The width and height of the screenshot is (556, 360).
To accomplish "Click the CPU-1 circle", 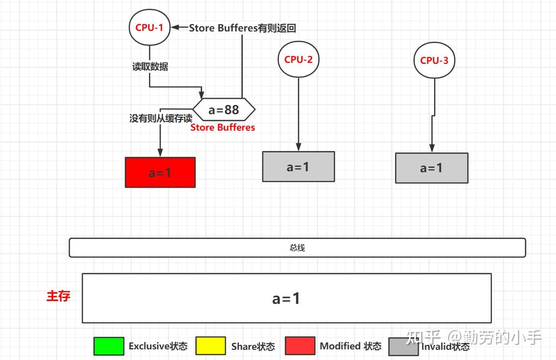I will [149, 28].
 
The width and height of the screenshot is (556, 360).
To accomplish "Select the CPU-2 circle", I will [298, 60].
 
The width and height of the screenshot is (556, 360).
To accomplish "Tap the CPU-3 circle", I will [434, 60].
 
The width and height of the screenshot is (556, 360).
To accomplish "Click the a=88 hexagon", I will [224, 110].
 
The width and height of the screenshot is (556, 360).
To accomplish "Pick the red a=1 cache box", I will [160, 172].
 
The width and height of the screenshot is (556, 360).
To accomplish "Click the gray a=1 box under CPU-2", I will [298, 167].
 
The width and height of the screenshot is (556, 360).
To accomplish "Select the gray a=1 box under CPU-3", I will [431, 168].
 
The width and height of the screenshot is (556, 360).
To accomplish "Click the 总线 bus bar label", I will [297, 248].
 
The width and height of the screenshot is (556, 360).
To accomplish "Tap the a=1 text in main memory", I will [286, 299].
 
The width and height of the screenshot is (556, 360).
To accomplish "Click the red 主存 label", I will [58, 296].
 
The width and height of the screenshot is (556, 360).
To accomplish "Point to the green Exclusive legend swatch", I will [108, 346].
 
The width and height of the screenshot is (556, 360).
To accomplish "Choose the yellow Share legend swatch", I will [210, 346].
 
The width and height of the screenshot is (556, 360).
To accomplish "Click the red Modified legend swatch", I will [300, 346].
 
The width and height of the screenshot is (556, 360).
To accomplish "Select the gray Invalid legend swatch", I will [404, 346].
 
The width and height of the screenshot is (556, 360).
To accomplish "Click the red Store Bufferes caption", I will [222, 127].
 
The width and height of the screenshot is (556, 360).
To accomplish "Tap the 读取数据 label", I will [150, 67].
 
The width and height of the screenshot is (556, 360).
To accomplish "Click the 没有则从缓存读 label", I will [161, 118].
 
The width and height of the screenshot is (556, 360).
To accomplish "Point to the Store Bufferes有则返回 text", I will [242, 28].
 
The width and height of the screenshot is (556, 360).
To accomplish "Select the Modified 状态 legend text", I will [351, 346].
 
